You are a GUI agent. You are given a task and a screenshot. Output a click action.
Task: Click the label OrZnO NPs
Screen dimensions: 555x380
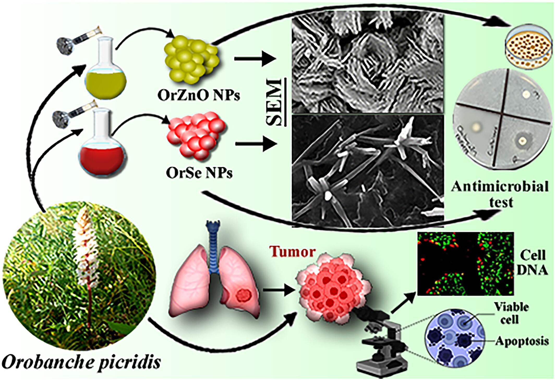click(x=199, y=96)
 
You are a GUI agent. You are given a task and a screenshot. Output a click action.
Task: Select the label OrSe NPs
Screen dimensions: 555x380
click(x=199, y=173)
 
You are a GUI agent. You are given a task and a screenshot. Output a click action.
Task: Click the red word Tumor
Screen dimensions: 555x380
click(x=293, y=252)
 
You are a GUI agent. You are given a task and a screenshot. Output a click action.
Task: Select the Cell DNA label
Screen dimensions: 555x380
click(x=532, y=263)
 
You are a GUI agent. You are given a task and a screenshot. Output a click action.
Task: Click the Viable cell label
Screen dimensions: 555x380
click(x=511, y=313)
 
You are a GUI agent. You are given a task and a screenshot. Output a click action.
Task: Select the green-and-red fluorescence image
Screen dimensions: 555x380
click(x=466, y=263)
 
